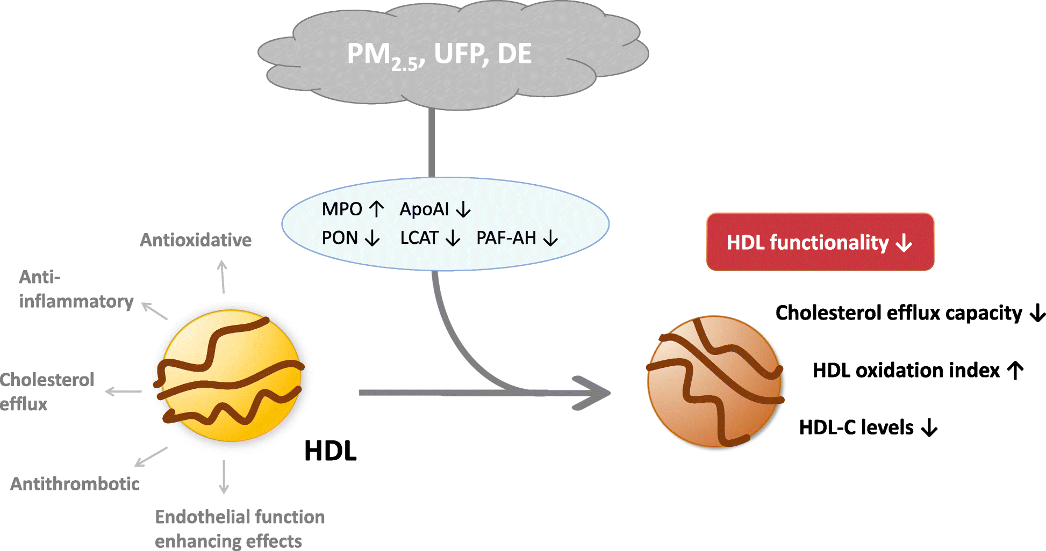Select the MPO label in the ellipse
click(x=342, y=209)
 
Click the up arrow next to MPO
click(x=377, y=209)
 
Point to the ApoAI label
click(x=424, y=209)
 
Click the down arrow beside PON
click(x=372, y=238)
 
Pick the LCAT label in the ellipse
click(x=419, y=238)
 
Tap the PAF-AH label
click(x=506, y=238)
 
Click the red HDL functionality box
click(x=820, y=242)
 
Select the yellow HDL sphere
click(x=232, y=376)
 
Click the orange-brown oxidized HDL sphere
click(x=714, y=382)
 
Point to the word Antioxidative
click(x=196, y=240)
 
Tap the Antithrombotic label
click(x=75, y=484)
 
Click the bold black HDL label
click(x=330, y=451)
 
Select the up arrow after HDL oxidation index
click(x=1015, y=370)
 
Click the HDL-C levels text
click(x=856, y=427)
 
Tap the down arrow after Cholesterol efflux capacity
click(x=1037, y=313)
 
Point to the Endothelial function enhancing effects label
click(x=239, y=528)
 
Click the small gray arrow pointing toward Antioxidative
click(x=223, y=277)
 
